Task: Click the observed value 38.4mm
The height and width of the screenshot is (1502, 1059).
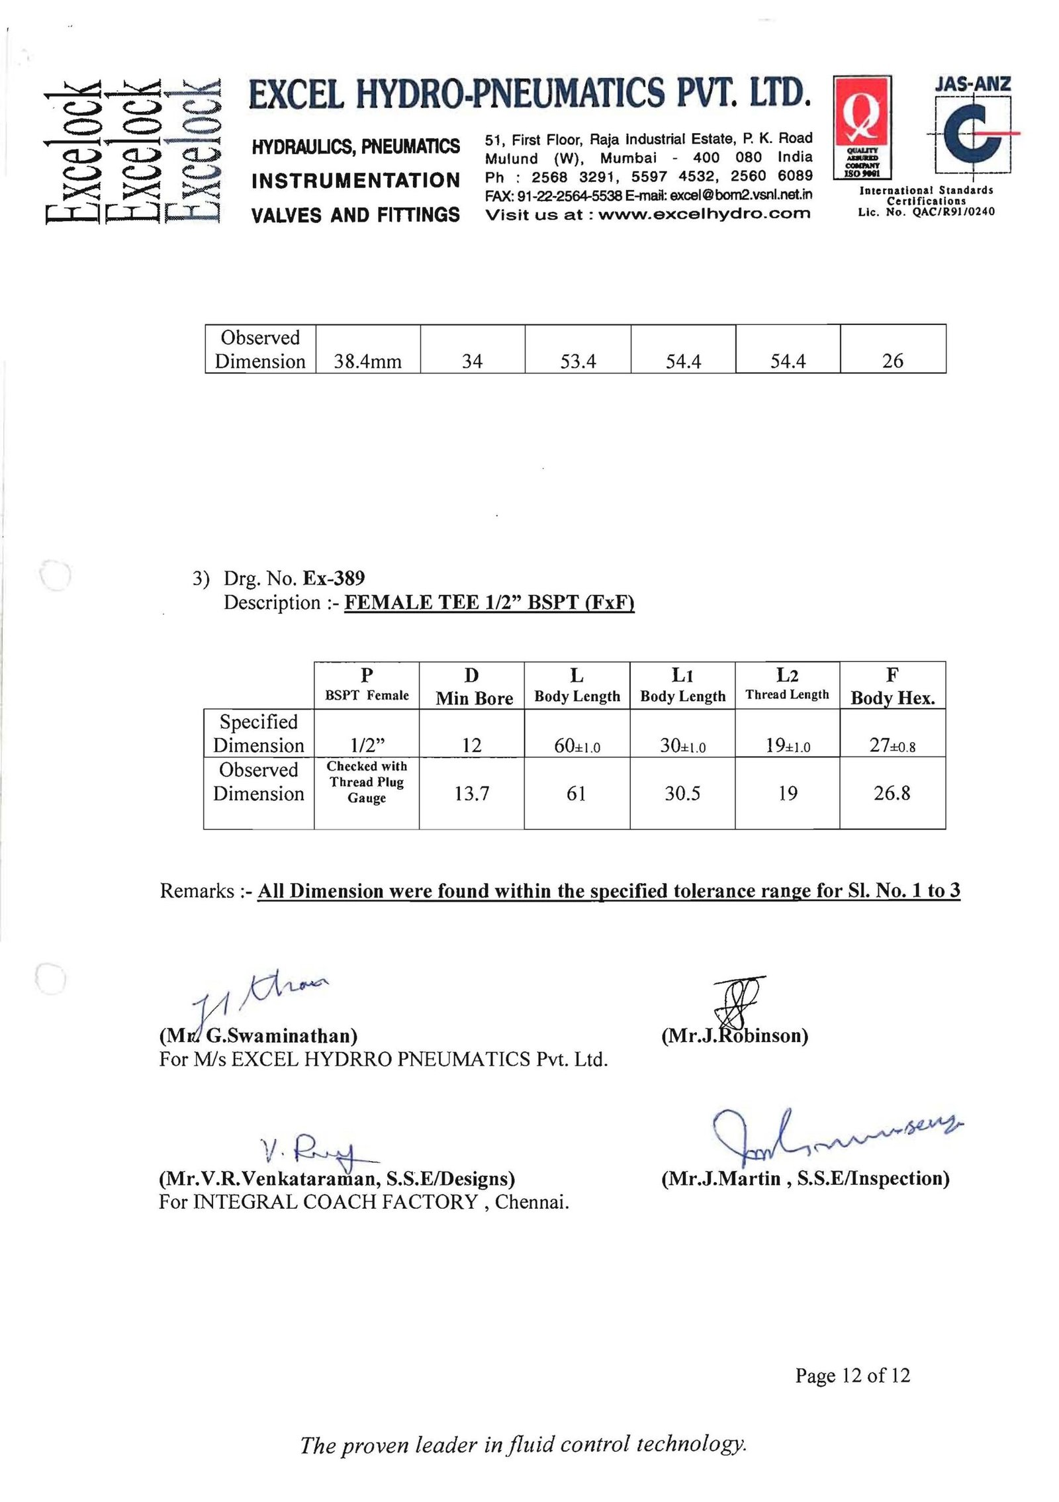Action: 367,361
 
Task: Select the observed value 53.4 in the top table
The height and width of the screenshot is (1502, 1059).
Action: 578,361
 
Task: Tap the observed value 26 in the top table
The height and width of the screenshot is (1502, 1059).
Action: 892,361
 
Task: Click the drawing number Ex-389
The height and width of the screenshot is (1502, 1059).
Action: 334,579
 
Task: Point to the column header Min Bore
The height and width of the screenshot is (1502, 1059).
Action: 474,698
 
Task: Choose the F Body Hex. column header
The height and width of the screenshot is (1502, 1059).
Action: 892,686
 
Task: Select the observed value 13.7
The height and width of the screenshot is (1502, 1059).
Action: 471,793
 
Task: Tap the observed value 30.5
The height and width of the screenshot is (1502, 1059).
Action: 682,793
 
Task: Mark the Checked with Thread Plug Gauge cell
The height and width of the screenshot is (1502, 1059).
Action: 367,782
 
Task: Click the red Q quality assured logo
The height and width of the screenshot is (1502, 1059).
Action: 862,127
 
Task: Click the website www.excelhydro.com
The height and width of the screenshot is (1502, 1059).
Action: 704,214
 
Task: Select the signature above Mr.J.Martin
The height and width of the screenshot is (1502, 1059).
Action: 834,1137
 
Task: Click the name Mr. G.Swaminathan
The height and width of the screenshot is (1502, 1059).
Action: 258,1035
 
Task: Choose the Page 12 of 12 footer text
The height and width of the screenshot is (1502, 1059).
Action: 852,1376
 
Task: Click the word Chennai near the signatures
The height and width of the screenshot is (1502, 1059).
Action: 531,1201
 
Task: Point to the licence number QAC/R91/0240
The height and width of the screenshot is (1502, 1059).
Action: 953,212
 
